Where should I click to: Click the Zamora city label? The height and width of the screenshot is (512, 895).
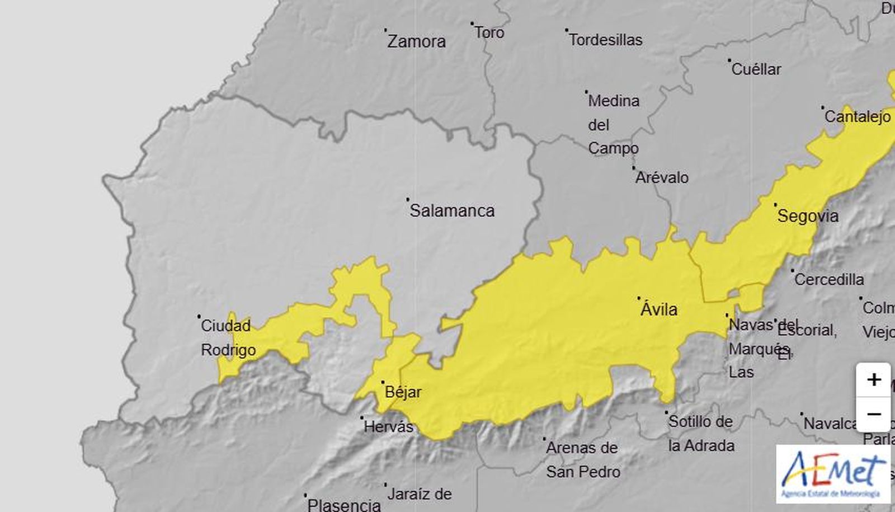(416, 41)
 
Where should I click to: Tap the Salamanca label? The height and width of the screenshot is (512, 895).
(452, 211)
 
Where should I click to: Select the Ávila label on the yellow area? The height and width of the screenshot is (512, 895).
(658, 309)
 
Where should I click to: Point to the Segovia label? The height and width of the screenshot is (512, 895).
(808, 216)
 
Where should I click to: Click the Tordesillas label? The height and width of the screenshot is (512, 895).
(605, 40)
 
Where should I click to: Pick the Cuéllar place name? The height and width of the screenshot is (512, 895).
(756, 69)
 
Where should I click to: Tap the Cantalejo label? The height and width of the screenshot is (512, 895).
(857, 117)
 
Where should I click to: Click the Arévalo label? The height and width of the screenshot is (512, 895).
(662, 178)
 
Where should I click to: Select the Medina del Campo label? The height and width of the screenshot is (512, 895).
(613, 124)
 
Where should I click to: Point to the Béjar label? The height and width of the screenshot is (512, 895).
(403, 392)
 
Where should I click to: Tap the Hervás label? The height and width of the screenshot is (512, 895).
(388, 428)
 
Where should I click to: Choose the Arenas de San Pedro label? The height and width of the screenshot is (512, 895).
(582, 459)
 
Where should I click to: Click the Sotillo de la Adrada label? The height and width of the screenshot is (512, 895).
(701, 434)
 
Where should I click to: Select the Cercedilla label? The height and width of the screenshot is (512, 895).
(828, 279)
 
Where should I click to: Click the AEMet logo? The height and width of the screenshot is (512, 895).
(833, 473)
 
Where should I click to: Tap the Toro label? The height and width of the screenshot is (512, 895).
(489, 33)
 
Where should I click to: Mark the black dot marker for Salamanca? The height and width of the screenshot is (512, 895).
(408, 199)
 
